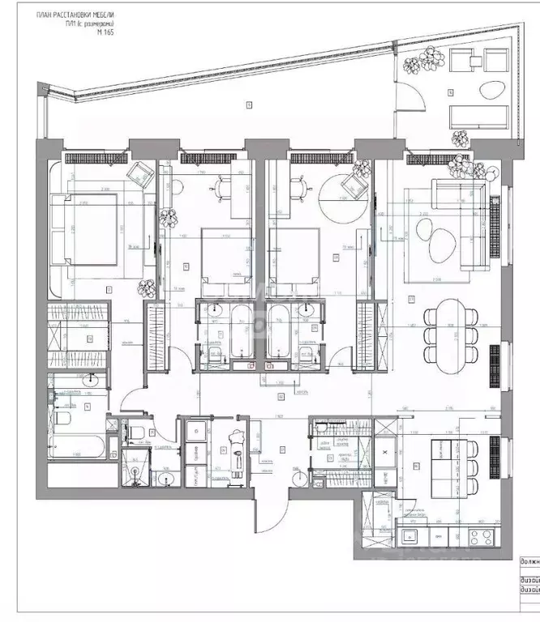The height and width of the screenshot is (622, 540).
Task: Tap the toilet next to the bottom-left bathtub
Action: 64,417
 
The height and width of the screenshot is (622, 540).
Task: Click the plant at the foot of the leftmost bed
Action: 147,287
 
